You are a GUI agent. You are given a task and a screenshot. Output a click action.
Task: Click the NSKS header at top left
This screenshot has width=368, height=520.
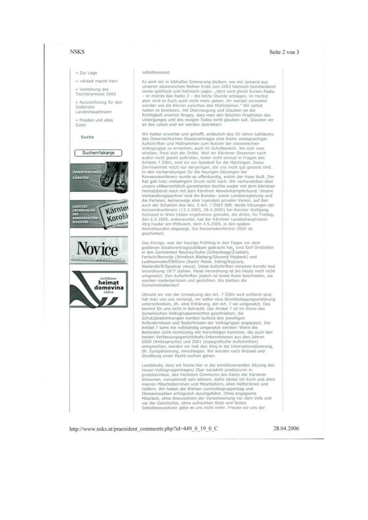77,52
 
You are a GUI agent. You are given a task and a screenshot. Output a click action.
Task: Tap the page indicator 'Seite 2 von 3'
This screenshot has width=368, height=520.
284,52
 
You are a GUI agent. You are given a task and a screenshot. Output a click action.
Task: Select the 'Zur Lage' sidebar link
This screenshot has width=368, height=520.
88,73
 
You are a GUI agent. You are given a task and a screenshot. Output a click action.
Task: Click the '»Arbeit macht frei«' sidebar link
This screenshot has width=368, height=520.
99,81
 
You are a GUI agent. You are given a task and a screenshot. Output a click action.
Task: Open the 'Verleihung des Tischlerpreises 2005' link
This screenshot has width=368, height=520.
95,92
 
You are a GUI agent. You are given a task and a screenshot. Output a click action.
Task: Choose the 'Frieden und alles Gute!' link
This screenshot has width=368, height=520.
94,122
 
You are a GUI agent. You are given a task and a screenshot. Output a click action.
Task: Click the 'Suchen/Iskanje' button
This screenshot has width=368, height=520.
98,153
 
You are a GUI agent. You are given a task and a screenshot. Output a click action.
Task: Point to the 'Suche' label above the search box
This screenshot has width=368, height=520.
87,137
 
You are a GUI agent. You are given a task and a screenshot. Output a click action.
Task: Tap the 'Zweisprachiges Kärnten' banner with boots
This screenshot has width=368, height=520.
99,177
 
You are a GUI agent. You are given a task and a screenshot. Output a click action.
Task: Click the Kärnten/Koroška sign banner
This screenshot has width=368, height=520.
99,214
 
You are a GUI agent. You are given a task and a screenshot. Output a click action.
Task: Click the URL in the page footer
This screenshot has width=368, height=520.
144,428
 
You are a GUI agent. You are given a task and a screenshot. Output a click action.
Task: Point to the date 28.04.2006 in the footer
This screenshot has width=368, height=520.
286,428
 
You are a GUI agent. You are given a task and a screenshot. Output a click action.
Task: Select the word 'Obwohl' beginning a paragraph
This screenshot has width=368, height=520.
149,295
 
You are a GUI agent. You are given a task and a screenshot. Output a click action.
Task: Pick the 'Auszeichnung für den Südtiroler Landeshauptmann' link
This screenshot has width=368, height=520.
99,107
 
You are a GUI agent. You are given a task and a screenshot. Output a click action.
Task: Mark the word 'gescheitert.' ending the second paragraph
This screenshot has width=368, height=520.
153,233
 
